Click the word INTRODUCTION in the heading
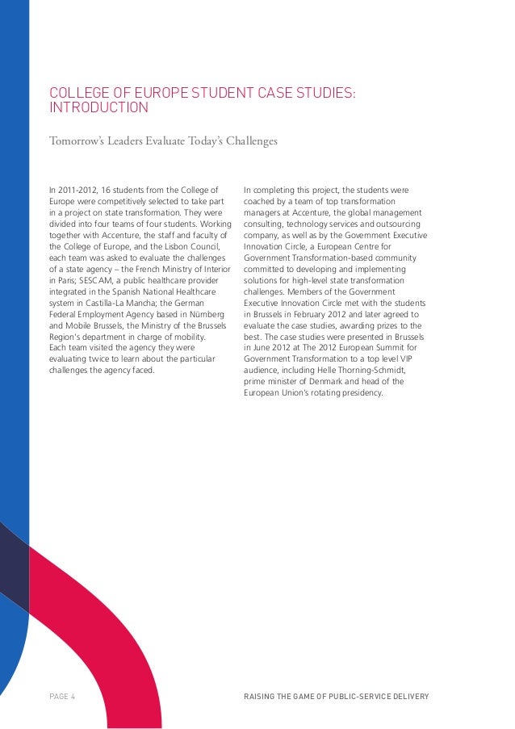click(99, 107)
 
